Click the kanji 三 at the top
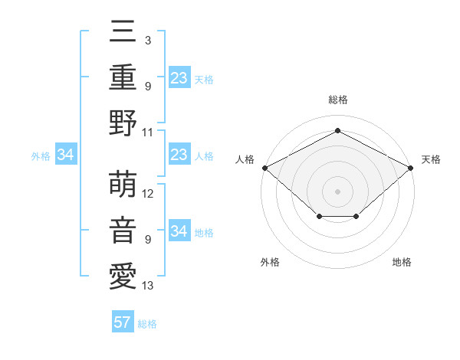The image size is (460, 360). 123,31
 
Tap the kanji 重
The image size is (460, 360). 123,77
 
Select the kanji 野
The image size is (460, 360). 123,123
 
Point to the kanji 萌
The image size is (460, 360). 123,185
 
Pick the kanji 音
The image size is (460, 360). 123,231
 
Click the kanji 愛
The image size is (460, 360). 123,277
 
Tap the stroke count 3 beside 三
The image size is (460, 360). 147,40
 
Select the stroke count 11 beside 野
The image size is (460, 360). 149,132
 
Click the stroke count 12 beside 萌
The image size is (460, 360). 149,194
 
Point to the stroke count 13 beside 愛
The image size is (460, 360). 149,286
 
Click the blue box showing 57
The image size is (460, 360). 123,322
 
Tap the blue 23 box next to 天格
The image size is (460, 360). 179,77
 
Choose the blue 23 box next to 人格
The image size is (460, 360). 179,155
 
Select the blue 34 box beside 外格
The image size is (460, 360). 66,155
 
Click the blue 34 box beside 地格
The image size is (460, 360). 179,231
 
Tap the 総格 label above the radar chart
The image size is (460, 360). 337,100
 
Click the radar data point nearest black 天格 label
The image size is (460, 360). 411,167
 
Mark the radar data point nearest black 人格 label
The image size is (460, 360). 264,167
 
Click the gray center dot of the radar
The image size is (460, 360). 337,191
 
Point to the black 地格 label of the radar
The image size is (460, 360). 402,262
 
